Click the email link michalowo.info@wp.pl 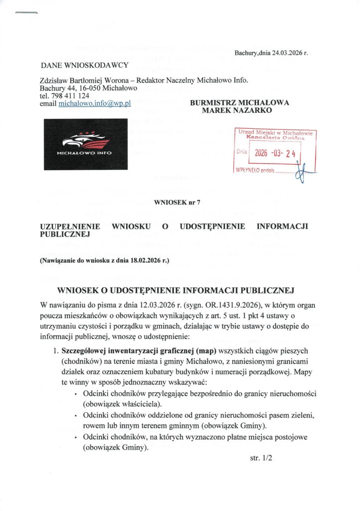point(94,103)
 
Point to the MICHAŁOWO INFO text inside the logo point(84,153)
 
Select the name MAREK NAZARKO point(236,110)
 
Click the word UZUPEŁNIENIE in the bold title point(69,226)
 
